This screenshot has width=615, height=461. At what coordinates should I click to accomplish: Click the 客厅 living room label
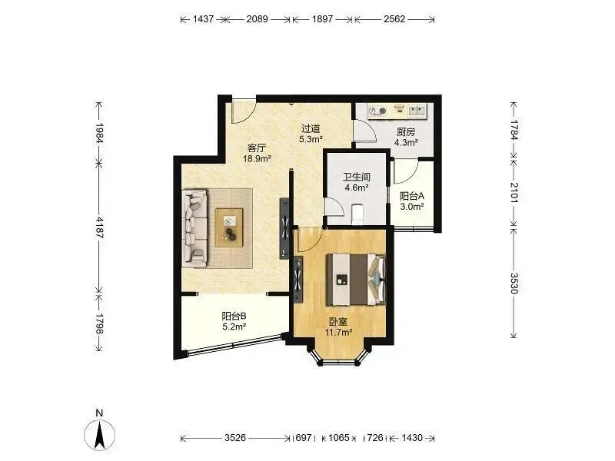coord(257,148)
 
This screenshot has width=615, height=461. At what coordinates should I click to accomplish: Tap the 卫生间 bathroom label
coord(357,177)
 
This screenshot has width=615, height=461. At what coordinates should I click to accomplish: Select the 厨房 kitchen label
coord(406,132)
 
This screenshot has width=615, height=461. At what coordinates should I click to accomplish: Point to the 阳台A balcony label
coord(412,196)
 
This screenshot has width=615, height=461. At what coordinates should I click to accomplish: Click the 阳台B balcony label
coord(234,316)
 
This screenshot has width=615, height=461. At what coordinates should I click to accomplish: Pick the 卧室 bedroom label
coord(338,322)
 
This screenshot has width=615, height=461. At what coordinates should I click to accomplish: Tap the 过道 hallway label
coord(311,128)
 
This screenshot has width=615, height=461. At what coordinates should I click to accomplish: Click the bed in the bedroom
coord(357,279)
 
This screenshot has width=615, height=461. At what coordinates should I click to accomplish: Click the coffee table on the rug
coord(229,227)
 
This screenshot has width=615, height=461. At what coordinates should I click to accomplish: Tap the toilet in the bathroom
coord(357,214)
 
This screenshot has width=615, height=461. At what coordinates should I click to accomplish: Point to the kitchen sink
coord(417,111)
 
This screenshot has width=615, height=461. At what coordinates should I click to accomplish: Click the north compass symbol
coord(100,434)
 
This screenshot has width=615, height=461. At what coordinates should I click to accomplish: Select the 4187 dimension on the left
coord(99,227)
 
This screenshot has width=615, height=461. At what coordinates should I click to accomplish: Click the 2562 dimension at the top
coord(394,18)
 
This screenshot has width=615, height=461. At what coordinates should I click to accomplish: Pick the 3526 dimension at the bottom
coord(235,437)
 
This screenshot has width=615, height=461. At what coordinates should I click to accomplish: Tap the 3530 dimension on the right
coord(514,283)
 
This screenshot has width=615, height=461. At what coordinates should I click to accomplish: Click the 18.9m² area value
coord(257,159)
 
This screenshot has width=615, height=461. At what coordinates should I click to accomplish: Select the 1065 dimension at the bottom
coord(339,437)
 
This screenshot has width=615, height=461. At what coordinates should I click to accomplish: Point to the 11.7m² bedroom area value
coord(338,333)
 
